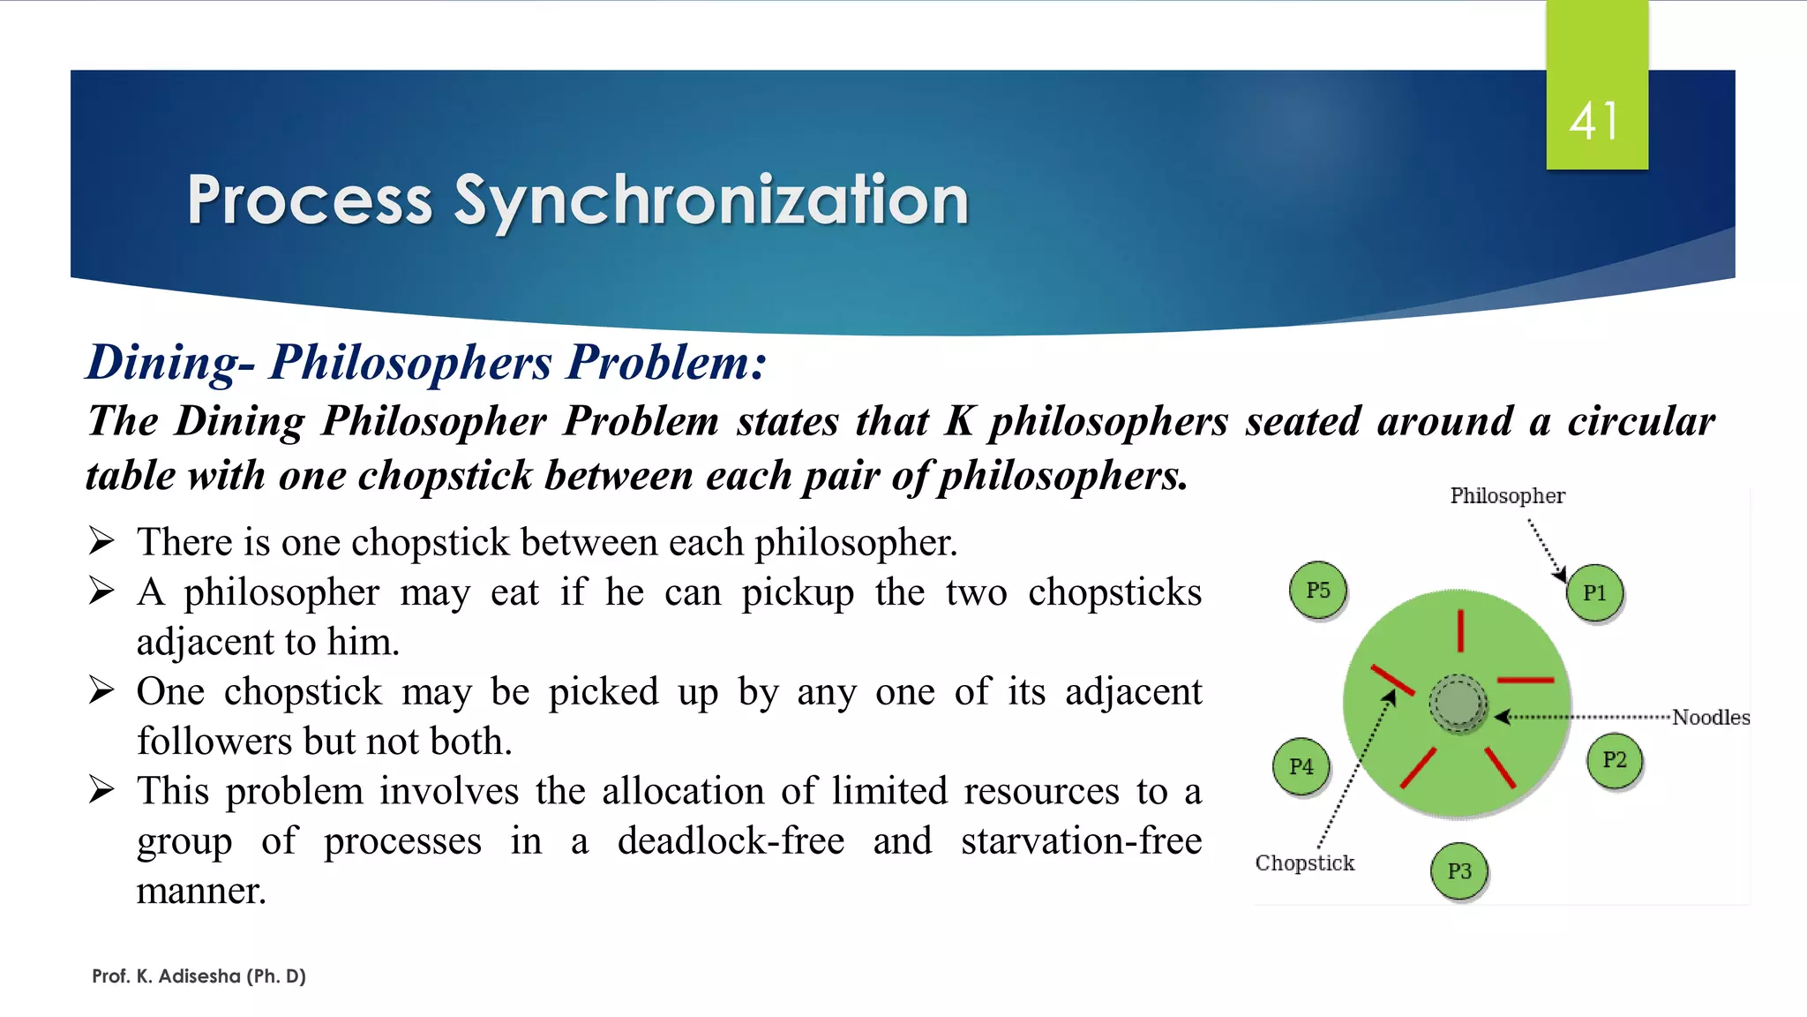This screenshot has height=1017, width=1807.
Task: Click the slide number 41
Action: point(1594,122)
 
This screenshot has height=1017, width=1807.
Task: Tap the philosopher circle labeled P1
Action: point(1594,593)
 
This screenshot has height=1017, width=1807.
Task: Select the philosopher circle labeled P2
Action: point(1614,760)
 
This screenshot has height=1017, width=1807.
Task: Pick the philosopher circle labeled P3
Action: point(1459,871)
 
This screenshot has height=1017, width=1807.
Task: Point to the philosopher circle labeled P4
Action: point(1301,766)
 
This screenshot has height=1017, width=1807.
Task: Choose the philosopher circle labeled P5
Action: point(1317,590)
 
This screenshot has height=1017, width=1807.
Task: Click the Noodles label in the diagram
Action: point(1710,718)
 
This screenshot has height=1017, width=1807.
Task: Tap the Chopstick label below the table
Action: point(1304,863)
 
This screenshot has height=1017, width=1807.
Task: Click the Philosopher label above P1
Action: point(1507,496)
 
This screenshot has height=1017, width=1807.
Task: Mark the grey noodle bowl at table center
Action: point(1458,704)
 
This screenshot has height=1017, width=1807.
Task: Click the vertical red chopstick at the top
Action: point(1460,630)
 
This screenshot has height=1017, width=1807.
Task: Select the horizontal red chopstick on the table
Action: point(1526,681)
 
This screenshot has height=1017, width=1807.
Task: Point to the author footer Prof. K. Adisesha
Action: point(199,976)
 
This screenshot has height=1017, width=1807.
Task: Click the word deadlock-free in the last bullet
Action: point(731,840)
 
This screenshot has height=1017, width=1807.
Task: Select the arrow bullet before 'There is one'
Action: point(101,540)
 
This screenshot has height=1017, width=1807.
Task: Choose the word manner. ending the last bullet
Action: point(200,891)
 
